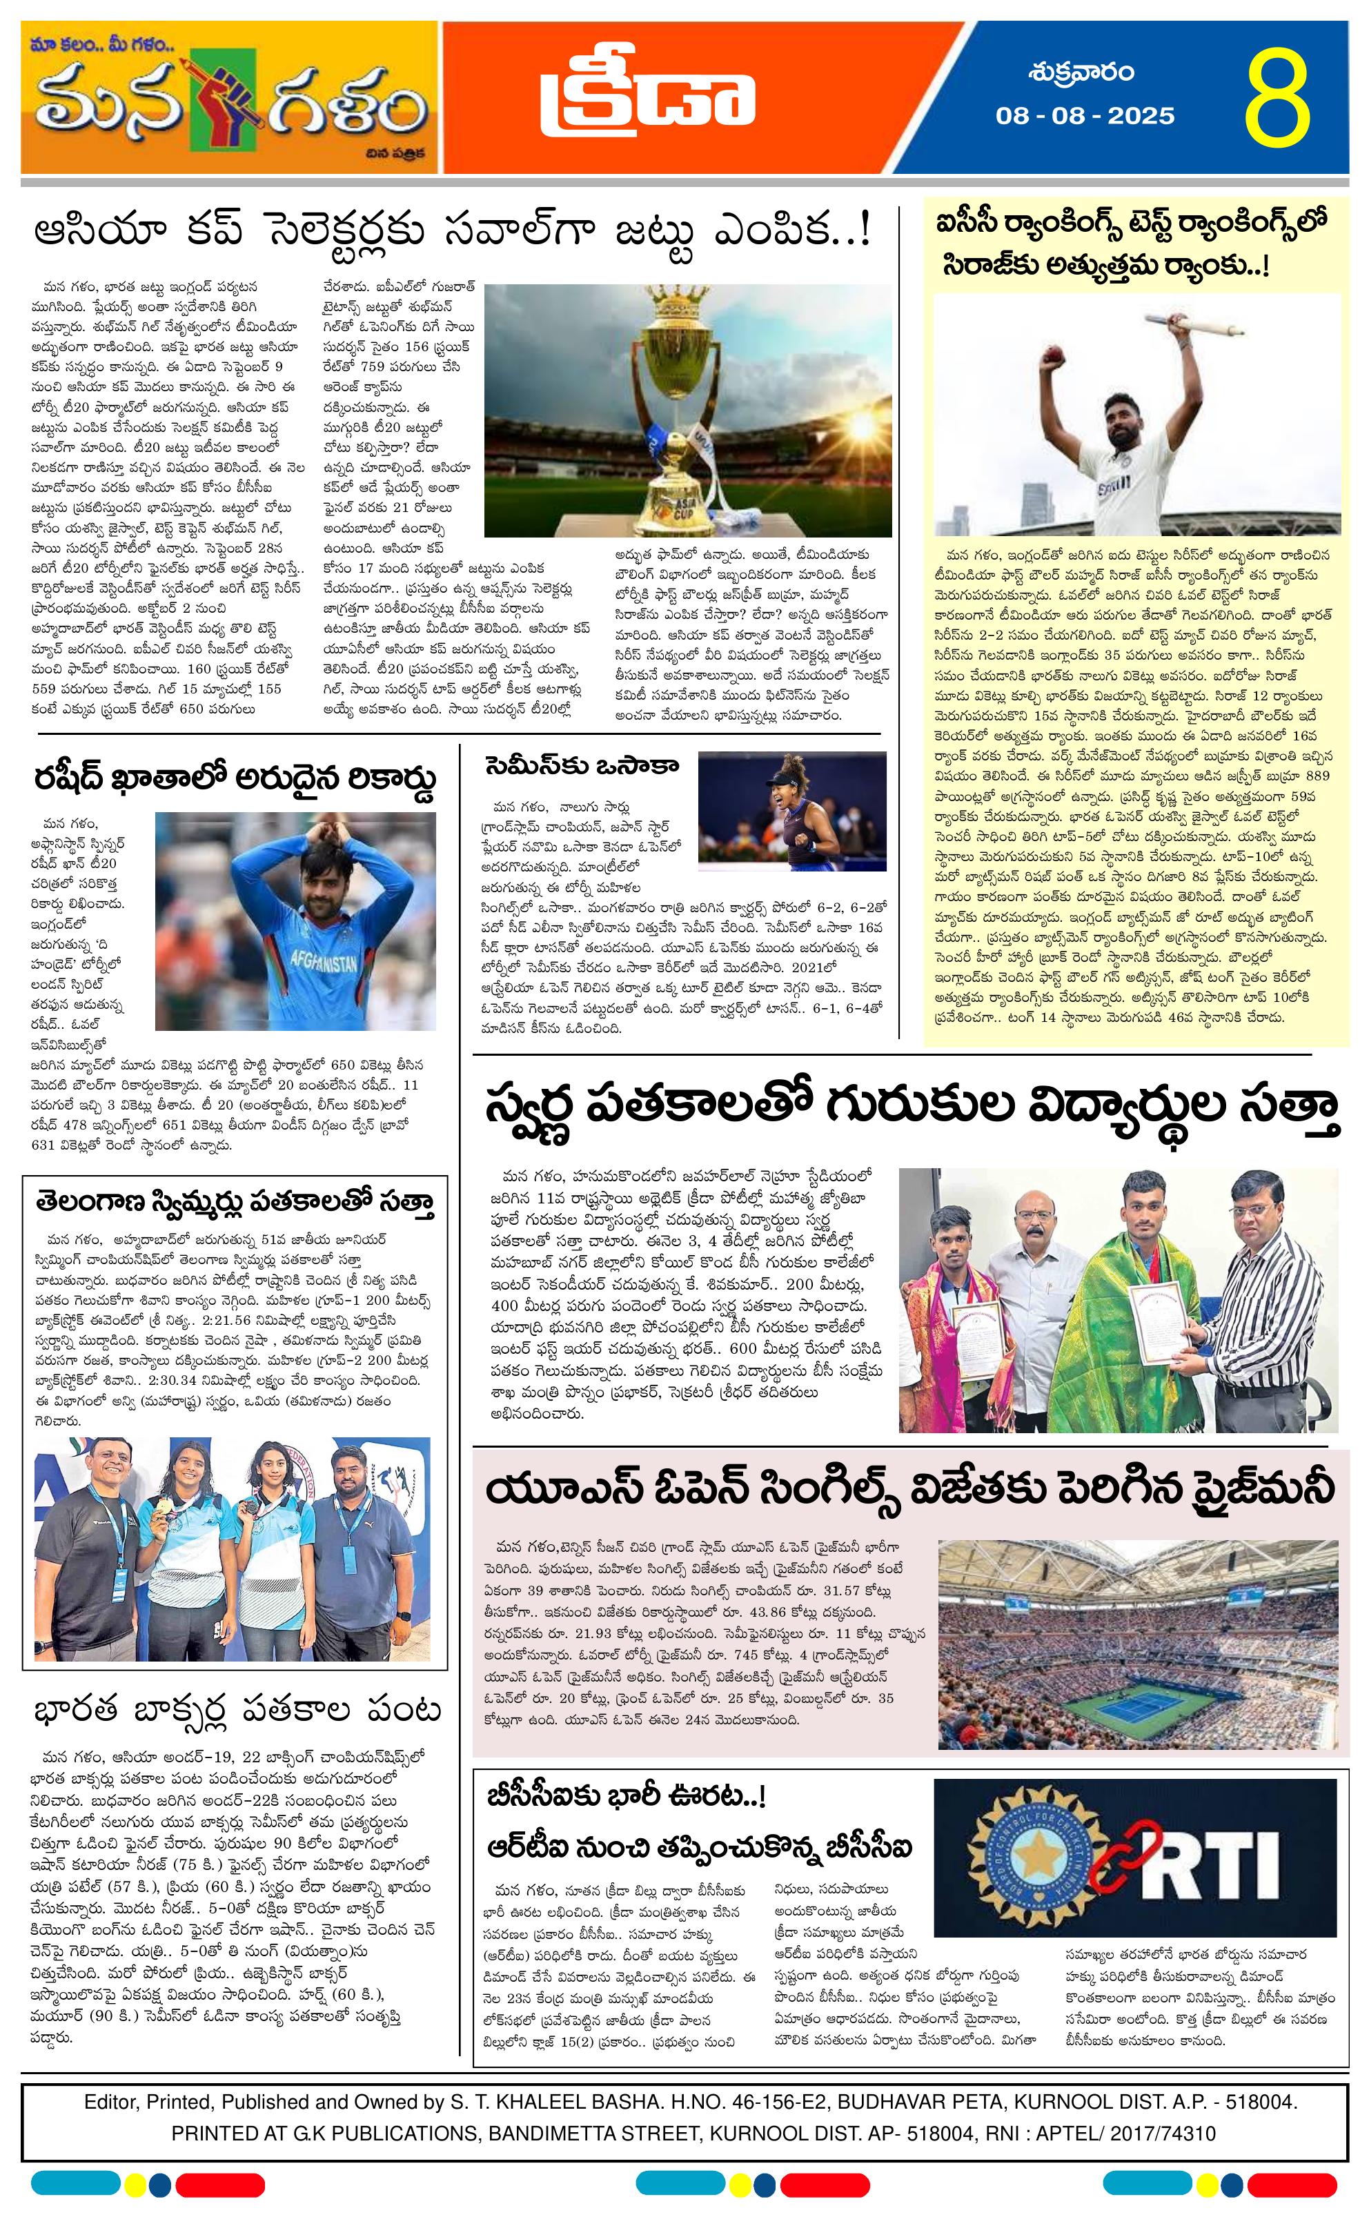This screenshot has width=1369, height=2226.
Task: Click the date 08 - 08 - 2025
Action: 1085,116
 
